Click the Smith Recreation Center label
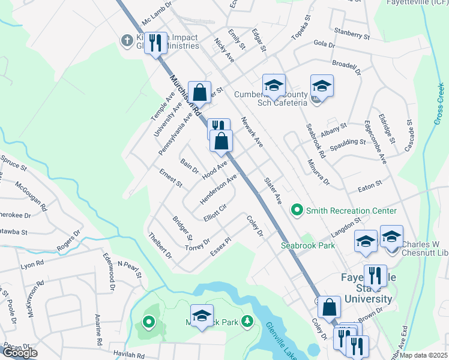pyautogui.click(x=351, y=211)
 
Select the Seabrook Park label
pyautogui.click(x=309, y=245)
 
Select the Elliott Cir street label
pyautogui.click(x=214, y=214)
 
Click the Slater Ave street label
pyautogui.click(x=273, y=191)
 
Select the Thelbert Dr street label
pyautogui.click(x=160, y=245)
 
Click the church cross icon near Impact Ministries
pyautogui.click(x=126, y=41)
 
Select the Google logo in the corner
pyautogui.click(x=19, y=353)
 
